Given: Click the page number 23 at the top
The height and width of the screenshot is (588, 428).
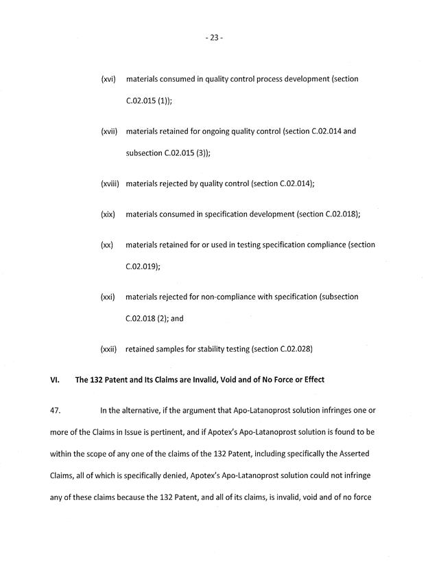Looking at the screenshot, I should (x=214, y=38).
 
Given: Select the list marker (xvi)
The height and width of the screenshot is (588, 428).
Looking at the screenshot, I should (x=108, y=80).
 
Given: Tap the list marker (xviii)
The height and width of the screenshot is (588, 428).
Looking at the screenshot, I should (x=110, y=183).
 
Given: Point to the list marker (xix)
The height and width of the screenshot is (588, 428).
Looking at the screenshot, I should (x=108, y=214).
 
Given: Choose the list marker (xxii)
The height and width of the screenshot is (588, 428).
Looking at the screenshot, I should (x=109, y=349).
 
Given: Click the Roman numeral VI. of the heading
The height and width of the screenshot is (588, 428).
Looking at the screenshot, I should (x=56, y=380).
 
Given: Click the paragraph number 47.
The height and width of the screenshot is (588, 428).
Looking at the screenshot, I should (x=56, y=411).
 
